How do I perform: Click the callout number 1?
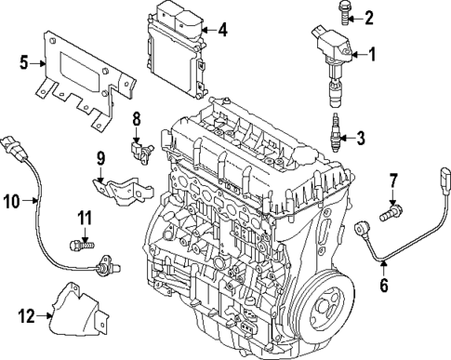tap(373, 55)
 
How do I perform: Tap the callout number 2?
tap(369, 16)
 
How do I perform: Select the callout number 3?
tap(361, 140)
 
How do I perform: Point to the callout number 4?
tap(222, 29)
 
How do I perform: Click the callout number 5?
tap(25, 64)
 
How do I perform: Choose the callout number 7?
tap(393, 179)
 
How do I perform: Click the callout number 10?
tap(12, 199)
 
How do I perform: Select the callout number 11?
tap(83, 219)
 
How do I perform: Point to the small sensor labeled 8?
tap(141, 148)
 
